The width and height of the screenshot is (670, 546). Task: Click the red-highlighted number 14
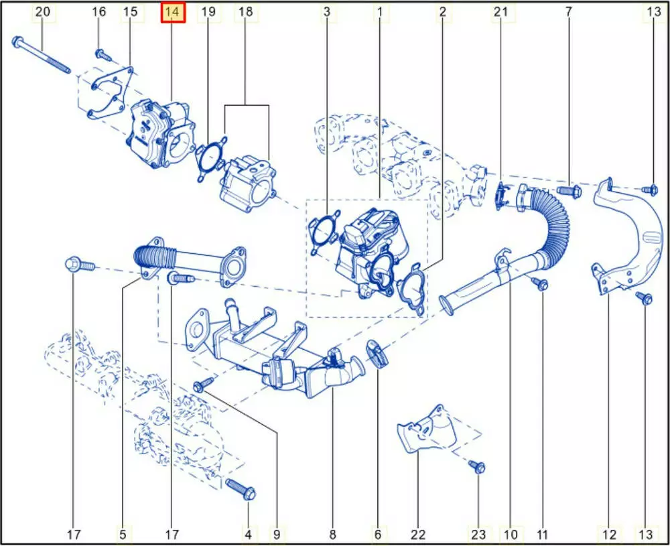(x=173, y=12)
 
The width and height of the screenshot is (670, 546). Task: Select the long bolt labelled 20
(x=42, y=55)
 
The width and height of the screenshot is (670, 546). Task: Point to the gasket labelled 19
(x=211, y=158)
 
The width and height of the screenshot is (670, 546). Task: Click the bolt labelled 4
(x=241, y=489)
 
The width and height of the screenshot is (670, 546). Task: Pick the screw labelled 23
(x=476, y=466)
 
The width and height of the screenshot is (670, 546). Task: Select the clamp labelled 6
(x=377, y=353)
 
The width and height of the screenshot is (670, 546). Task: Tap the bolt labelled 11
(x=539, y=283)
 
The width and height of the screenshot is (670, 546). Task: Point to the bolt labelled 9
(x=204, y=384)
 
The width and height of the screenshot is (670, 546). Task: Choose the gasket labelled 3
(x=324, y=232)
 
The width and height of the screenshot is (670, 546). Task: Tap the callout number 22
(x=418, y=534)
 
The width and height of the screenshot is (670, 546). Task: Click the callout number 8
(x=332, y=534)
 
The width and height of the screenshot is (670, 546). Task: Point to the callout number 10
(x=510, y=534)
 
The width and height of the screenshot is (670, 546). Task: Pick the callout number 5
(x=123, y=534)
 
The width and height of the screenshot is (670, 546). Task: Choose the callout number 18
(x=245, y=11)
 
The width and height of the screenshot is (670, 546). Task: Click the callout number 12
(x=609, y=534)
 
